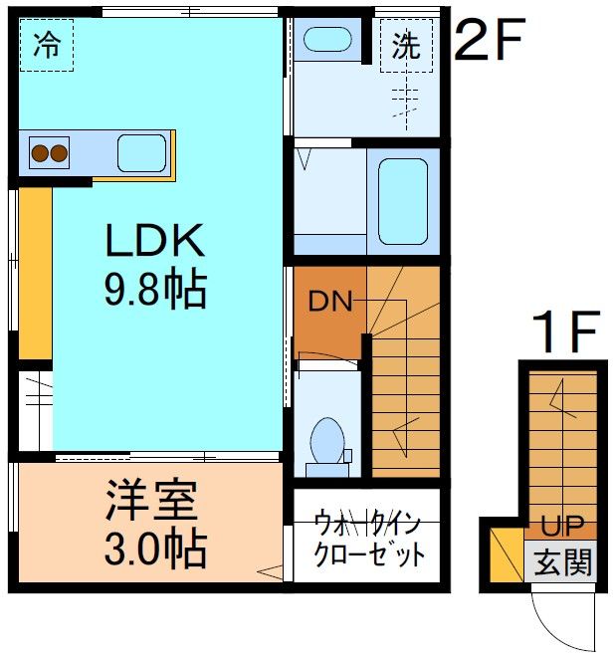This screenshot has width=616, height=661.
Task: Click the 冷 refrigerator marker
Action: (x=46, y=47)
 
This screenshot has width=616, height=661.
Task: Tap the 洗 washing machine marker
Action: (x=406, y=47)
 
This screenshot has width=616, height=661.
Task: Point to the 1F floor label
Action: (x=564, y=333)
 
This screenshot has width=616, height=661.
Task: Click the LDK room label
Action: (x=155, y=243)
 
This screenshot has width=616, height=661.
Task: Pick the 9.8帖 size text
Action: (x=155, y=290)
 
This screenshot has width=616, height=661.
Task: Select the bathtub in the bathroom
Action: (x=403, y=201)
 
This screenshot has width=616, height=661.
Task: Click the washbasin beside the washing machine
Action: (x=326, y=41)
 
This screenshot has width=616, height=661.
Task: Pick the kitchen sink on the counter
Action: (x=142, y=153)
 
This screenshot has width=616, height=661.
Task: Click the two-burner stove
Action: (x=50, y=153)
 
